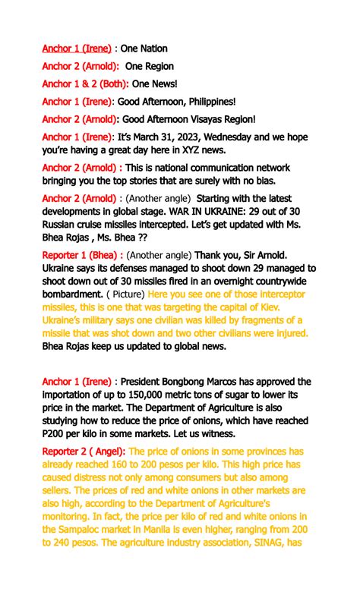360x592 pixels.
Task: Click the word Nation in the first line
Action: (152, 49)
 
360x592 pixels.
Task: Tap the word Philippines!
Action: (204, 101)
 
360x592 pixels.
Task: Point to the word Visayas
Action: (199, 119)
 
